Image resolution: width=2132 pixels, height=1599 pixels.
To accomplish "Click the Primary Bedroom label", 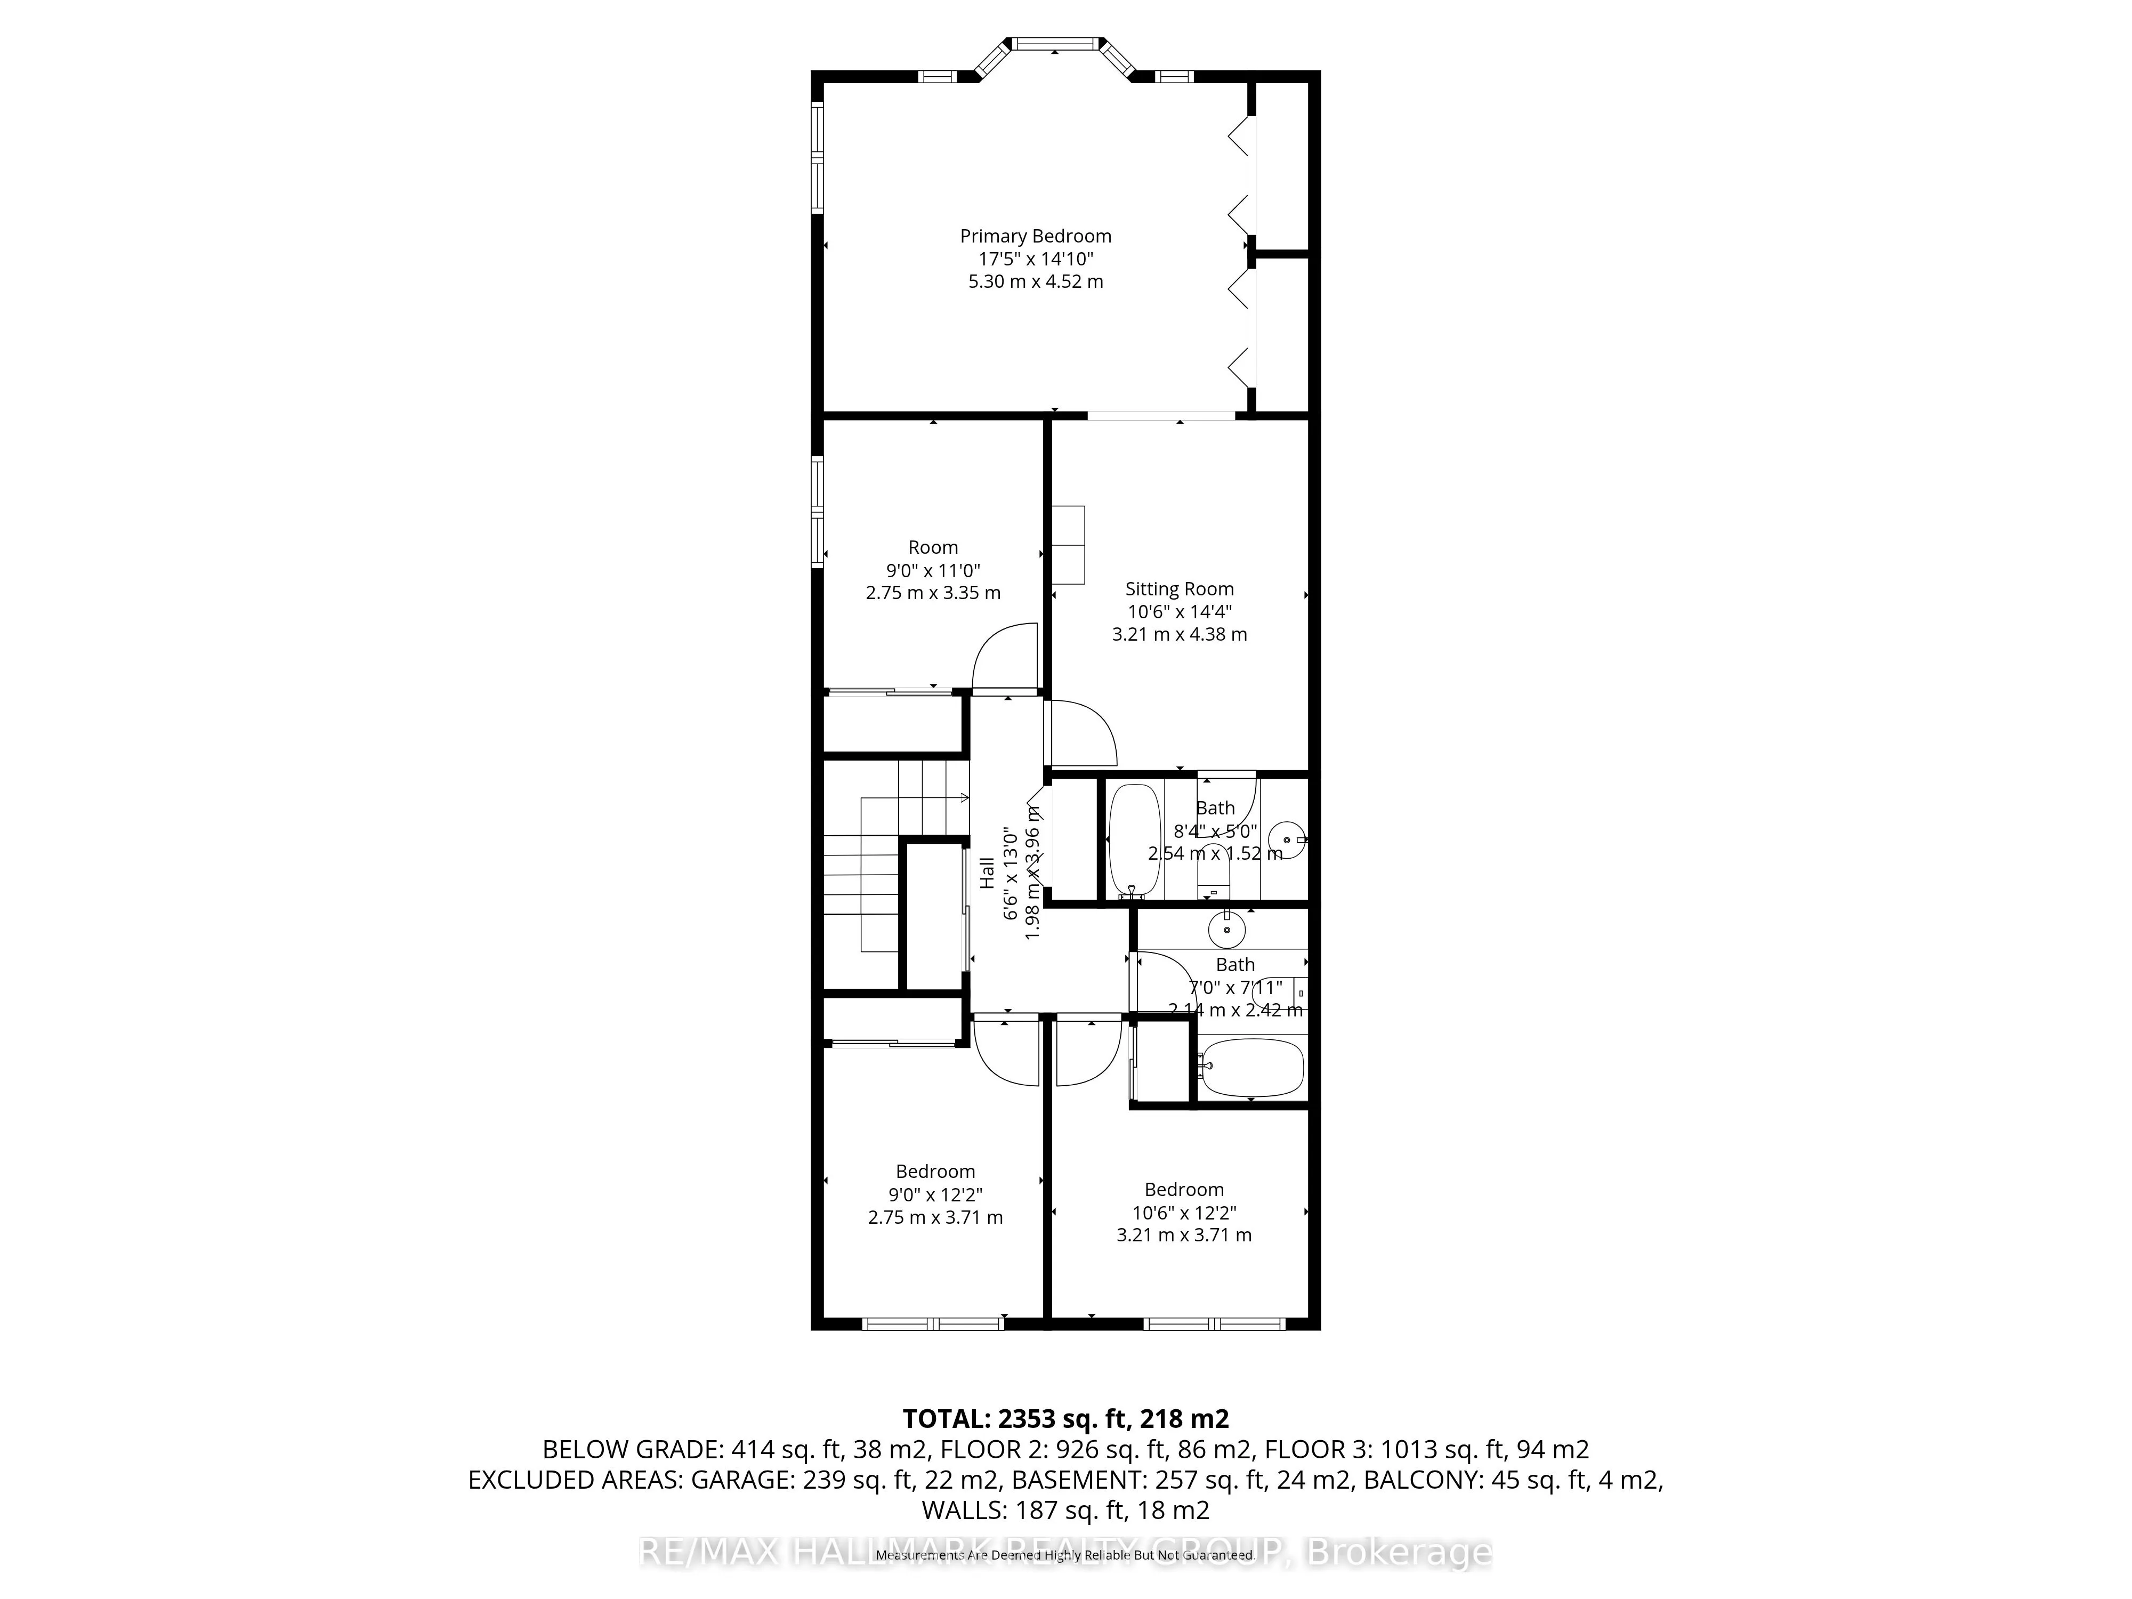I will coord(1035,236).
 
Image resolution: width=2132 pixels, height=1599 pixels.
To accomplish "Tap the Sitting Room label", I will coord(1179,589).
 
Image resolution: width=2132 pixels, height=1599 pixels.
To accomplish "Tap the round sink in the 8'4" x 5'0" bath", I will coord(1286,839).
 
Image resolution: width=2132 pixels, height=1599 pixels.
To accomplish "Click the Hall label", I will coord(987,873).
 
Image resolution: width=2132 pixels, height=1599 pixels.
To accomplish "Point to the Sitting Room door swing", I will coord(1081,732).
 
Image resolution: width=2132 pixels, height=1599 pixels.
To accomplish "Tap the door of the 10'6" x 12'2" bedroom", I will coord(1089,1053).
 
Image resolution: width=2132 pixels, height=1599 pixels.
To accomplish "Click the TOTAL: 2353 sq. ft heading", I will coord(1065,1419).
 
